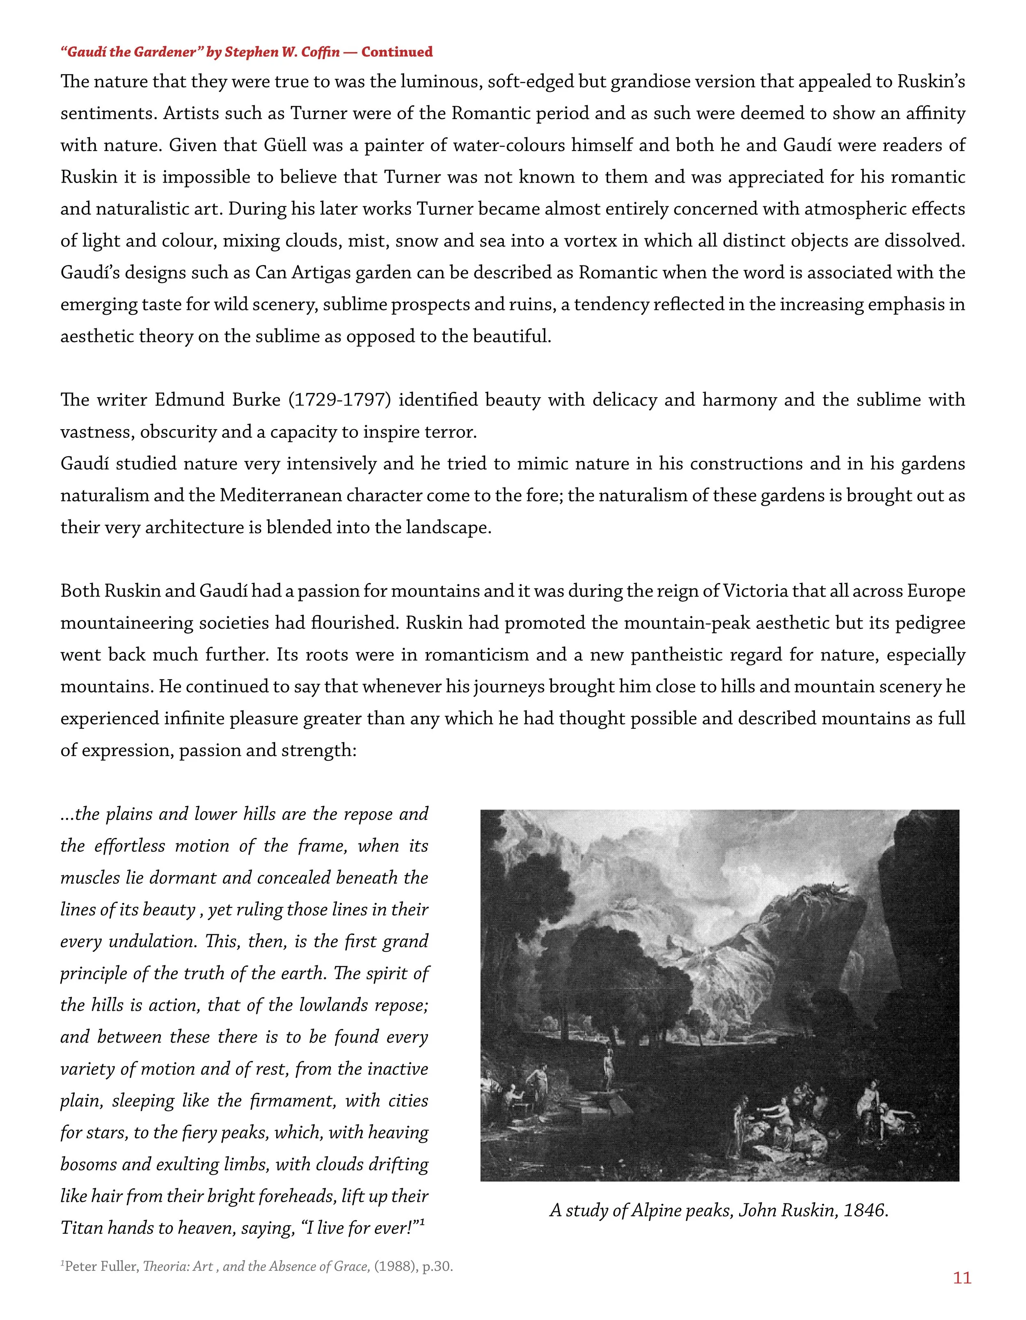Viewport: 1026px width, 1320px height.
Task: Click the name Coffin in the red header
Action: [x=318, y=52]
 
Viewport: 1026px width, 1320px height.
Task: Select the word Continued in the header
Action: [x=397, y=52]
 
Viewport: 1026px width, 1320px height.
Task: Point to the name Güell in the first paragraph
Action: [x=285, y=146]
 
